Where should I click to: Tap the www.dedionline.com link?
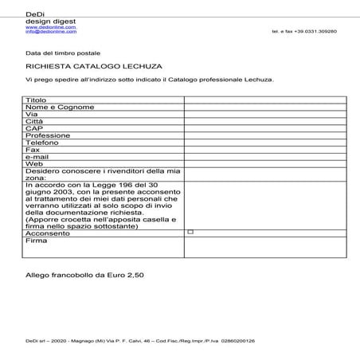click(50, 26)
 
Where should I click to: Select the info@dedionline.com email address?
click(50, 31)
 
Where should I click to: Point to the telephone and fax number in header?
click(303, 31)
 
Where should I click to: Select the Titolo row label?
click(37, 100)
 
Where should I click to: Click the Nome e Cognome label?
click(60, 108)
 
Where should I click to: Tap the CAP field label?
click(34, 128)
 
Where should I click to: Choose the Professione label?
click(48, 135)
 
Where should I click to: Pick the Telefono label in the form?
click(45, 143)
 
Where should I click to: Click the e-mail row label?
click(38, 157)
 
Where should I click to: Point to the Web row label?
click(34, 164)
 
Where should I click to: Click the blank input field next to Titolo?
click(265, 100)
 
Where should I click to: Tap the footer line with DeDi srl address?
click(139, 340)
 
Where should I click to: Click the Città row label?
click(35, 121)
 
